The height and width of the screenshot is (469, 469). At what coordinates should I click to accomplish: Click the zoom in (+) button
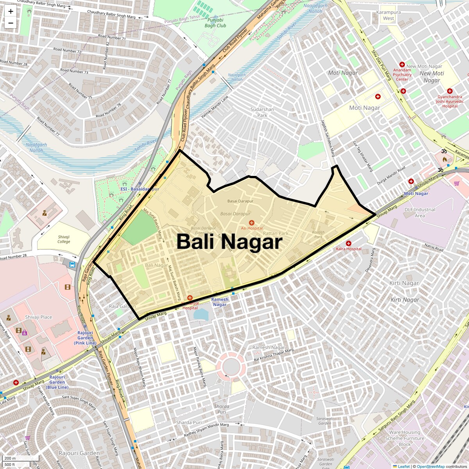(x=11, y=11)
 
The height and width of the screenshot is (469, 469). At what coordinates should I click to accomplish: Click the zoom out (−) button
(x=11, y=23)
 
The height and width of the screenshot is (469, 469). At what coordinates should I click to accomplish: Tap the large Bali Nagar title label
(x=229, y=242)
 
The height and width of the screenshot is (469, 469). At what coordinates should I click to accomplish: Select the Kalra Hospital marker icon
(x=349, y=243)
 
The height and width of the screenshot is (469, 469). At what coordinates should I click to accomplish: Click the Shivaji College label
(x=64, y=239)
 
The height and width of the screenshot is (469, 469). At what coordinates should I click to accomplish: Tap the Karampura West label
(x=388, y=15)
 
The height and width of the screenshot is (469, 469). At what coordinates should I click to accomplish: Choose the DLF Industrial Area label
(x=420, y=213)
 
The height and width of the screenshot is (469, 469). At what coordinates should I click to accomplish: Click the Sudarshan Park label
(x=263, y=112)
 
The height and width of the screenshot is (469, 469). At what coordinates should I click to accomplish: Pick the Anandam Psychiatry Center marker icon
(x=402, y=64)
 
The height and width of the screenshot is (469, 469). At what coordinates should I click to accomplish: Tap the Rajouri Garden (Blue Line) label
(x=57, y=382)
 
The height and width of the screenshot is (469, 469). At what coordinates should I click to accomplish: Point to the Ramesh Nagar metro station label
(x=220, y=302)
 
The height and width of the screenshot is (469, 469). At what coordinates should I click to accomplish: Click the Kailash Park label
(x=319, y=234)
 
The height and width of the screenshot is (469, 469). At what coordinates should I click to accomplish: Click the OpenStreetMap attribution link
(x=431, y=466)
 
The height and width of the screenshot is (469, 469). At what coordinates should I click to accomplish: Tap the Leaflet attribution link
(x=404, y=466)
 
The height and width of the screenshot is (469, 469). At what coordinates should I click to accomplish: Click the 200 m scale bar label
(x=10, y=458)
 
